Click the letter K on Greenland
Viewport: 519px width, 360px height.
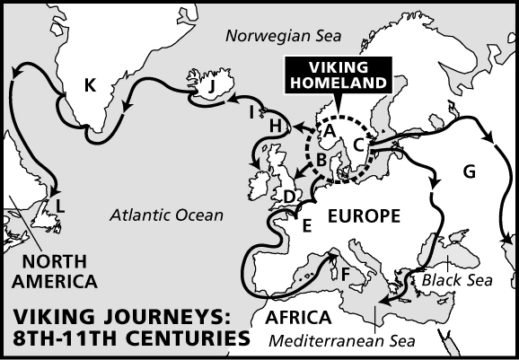(89, 86)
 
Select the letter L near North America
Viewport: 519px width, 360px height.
(59, 206)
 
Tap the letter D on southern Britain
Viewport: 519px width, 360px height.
(289, 197)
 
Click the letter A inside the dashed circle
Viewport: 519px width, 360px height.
(329, 131)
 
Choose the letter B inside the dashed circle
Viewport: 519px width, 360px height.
(321, 161)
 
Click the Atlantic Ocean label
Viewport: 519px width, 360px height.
(165, 215)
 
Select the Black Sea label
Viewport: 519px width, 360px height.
(457, 280)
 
